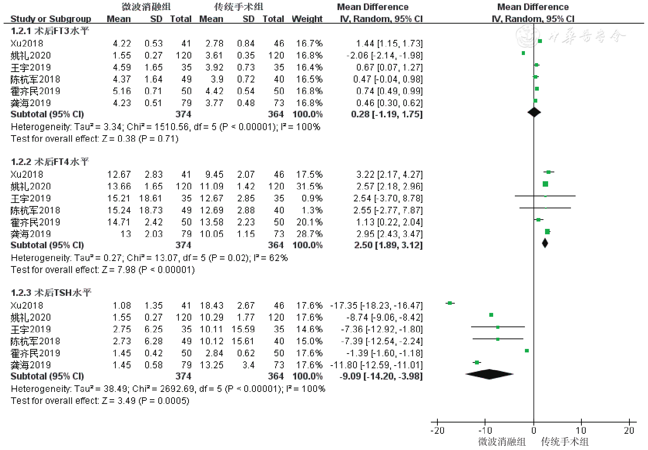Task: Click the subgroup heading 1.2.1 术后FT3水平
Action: tap(50, 31)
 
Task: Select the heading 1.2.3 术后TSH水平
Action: tap(51, 293)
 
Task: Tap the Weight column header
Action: tap(307, 19)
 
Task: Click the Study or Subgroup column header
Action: tap(51, 19)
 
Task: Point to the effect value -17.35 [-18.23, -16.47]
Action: tap(376, 306)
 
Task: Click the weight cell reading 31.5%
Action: tap(309, 186)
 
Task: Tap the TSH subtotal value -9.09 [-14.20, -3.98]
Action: tap(381, 376)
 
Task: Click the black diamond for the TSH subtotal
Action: tap(490, 374)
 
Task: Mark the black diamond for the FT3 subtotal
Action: tap(534, 112)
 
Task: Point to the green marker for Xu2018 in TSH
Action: tap(450, 303)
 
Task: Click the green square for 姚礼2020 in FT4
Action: tap(545, 184)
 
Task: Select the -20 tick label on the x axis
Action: tap(437, 430)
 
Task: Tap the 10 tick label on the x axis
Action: tap(581, 430)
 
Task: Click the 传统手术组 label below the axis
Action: tap(565, 441)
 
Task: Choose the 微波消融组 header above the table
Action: tap(146, 7)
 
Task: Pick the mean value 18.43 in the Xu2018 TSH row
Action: tap(211, 306)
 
